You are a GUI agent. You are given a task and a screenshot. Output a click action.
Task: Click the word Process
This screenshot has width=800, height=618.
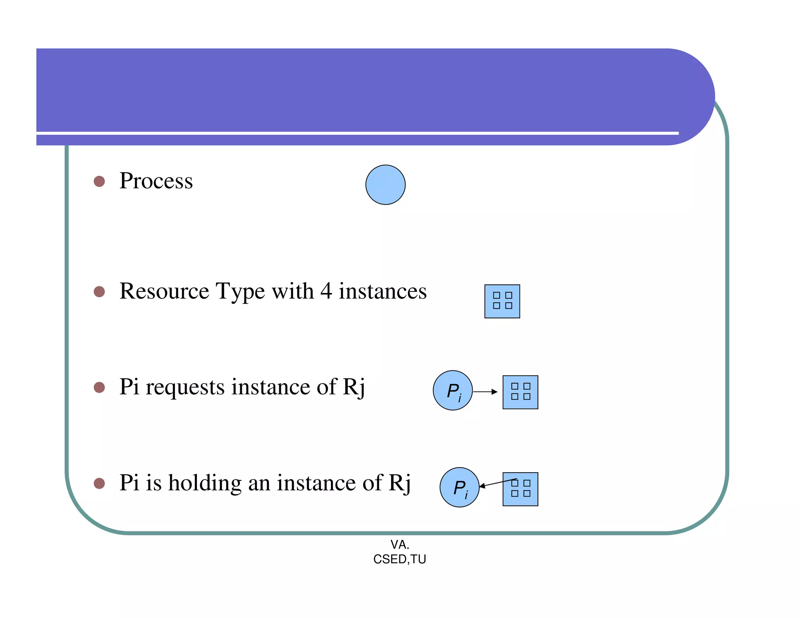tap(156, 181)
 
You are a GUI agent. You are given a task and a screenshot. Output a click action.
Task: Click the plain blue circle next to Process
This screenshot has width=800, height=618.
tap(385, 185)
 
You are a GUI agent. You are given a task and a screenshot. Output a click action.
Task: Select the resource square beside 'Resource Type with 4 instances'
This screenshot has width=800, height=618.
tap(502, 301)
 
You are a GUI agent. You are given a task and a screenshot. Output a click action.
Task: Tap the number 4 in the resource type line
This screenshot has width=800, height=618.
tap(326, 291)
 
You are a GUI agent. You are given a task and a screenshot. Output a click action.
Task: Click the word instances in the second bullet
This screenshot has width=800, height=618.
tap(382, 291)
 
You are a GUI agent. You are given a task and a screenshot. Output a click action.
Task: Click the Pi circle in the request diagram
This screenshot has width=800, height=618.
tap(452, 390)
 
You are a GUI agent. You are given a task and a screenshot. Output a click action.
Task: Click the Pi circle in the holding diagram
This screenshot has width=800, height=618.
tap(459, 487)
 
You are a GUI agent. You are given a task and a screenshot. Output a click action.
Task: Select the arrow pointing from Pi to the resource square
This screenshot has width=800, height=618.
tap(486, 391)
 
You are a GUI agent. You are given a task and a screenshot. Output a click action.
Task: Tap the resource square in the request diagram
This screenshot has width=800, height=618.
tap(520, 392)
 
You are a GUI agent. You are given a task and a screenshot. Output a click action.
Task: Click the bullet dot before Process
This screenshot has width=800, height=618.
tap(99, 181)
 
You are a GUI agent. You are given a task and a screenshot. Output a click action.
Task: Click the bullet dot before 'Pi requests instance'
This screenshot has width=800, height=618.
tap(99, 387)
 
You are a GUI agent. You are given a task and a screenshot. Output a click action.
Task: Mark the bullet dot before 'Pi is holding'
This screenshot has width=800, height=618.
tap(99, 483)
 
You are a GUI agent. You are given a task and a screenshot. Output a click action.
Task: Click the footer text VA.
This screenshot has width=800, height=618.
tap(400, 544)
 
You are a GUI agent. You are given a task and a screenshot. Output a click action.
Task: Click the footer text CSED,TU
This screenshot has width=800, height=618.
tap(400, 559)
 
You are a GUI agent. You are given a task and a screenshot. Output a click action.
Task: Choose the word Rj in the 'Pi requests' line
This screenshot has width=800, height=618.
tap(354, 387)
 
